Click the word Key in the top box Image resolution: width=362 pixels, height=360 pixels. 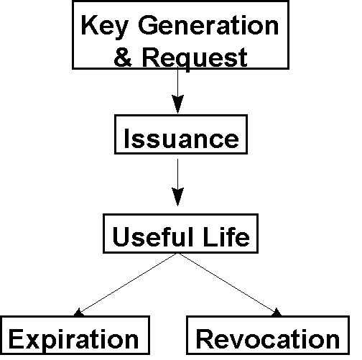tap(105, 26)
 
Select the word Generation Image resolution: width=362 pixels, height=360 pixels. tap(208, 25)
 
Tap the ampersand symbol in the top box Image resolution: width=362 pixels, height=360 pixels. tap(123, 57)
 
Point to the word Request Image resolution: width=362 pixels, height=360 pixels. tap(195, 59)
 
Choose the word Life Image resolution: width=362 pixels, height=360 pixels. tap(226, 236)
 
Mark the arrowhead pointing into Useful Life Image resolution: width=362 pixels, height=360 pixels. tap(177, 197)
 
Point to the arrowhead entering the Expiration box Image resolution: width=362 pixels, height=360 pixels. tap(78, 313)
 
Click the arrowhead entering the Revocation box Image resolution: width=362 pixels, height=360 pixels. tap(277, 313)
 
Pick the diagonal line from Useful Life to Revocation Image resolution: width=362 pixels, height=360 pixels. tap(228, 284)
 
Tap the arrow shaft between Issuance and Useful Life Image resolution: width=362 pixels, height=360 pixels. tap(177, 174)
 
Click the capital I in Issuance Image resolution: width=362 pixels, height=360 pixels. tap(127, 138)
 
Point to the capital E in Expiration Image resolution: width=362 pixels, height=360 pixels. tap(17, 339)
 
